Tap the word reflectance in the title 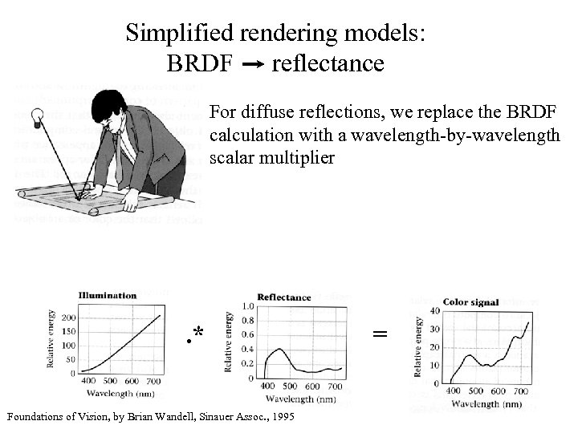pos(328,63)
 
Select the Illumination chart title pos(107,295)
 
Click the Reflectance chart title pos(283,297)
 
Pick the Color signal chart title pos(471,302)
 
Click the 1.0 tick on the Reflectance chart pos(248,306)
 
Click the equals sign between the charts pos(381,333)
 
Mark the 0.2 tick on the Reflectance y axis pos(248,362)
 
